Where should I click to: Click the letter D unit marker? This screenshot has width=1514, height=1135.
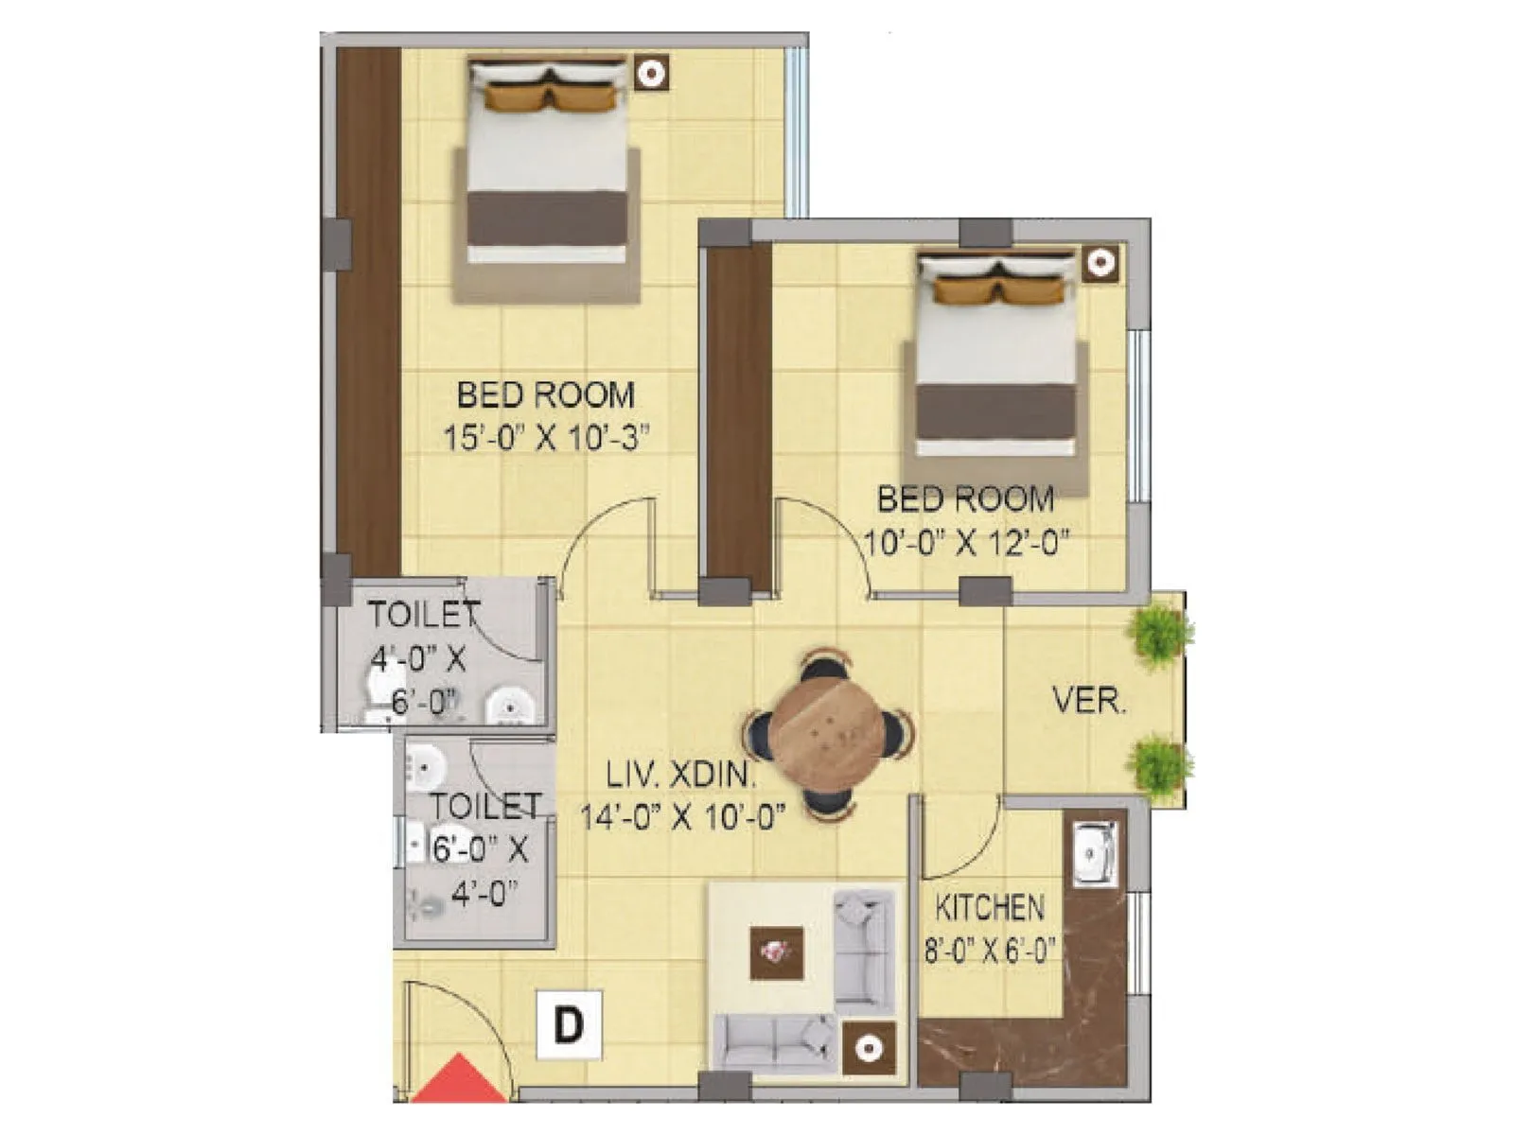click(x=568, y=1024)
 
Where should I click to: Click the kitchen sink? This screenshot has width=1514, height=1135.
click(x=1095, y=854)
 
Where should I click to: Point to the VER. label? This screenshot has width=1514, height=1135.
click(x=1089, y=702)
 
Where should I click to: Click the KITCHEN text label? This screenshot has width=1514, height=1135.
click(x=990, y=908)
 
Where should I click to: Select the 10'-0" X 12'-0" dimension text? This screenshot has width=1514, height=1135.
click(x=966, y=544)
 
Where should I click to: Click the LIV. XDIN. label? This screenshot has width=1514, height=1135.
click(x=681, y=777)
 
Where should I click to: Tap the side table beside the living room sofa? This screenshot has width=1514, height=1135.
click(x=869, y=1048)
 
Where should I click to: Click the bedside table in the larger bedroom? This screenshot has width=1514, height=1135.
click(x=650, y=73)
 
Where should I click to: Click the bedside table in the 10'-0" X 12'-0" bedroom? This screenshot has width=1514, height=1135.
click(x=1100, y=264)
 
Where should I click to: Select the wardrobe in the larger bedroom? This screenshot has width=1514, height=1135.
click(x=369, y=312)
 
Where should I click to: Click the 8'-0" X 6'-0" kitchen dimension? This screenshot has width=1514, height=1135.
click(x=990, y=950)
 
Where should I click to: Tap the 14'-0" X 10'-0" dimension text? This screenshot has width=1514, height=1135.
click(x=682, y=817)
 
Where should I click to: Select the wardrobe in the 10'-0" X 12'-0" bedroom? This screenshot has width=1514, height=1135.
click(x=739, y=416)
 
